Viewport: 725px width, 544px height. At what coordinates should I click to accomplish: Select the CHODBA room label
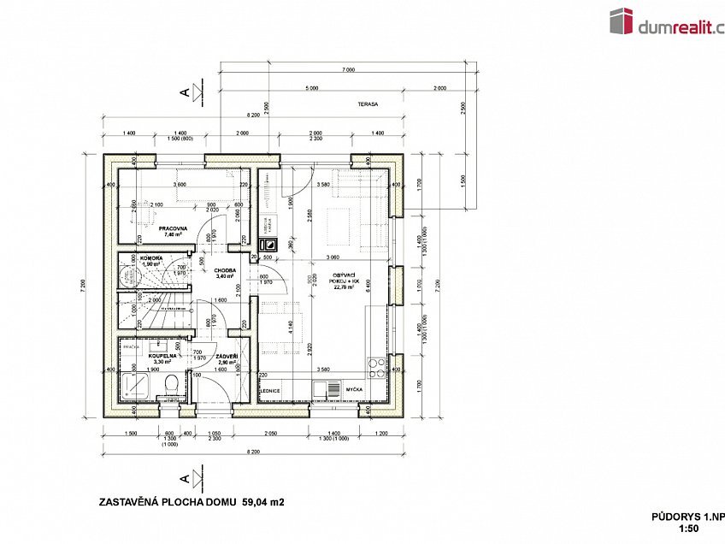click(x=225, y=270)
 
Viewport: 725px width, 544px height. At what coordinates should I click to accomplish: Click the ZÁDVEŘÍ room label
click(x=227, y=356)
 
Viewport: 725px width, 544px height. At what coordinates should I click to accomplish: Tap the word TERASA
click(x=368, y=104)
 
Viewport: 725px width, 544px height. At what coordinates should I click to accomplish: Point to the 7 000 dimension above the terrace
click(x=347, y=68)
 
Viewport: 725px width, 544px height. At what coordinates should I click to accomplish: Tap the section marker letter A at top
click(x=183, y=92)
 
